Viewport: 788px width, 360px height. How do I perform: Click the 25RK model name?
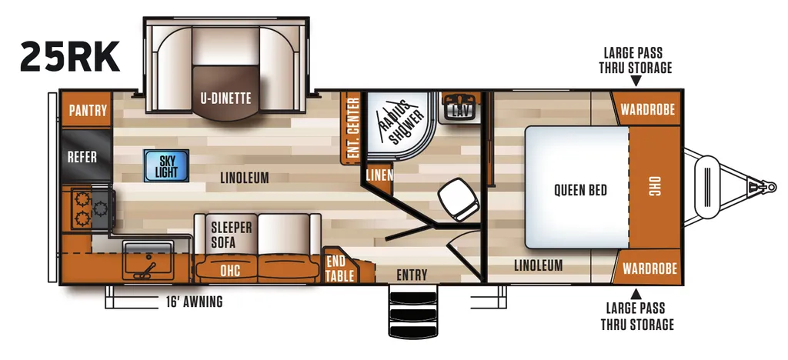pyautogui.click(x=70, y=57)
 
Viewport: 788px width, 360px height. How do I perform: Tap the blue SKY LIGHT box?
pyautogui.click(x=166, y=165)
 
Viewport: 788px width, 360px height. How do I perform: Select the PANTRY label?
pyautogui.click(x=88, y=111)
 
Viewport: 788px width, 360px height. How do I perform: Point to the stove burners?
pyautogui.click(x=92, y=208)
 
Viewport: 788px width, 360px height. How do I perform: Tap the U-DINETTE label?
pyautogui.click(x=225, y=98)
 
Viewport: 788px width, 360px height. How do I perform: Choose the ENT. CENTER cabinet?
pyautogui.click(x=352, y=128)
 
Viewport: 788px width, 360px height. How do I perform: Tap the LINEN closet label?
pyautogui.click(x=379, y=175)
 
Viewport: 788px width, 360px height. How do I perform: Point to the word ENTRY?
pyautogui.click(x=412, y=275)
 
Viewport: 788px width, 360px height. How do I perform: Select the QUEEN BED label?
pyautogui.click(x=580, y=190)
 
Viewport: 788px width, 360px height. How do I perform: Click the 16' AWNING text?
pyautogui.click(x=194, y=302)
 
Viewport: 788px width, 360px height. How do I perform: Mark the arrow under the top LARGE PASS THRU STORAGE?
pyautogui.click(x=636, y=80)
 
